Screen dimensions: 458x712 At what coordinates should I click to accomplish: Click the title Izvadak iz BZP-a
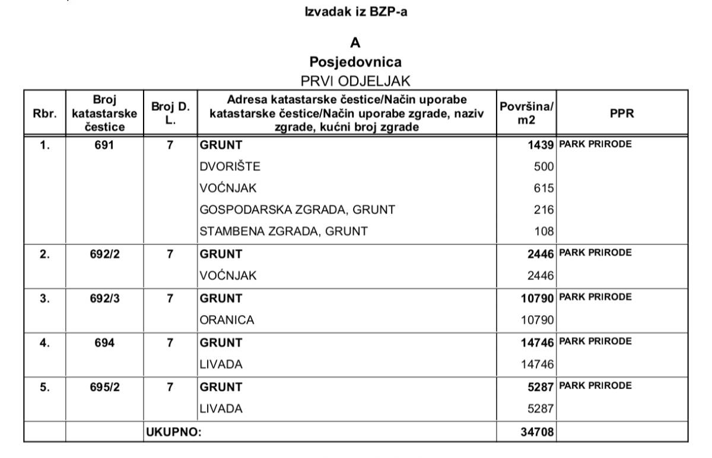tap(355, 12)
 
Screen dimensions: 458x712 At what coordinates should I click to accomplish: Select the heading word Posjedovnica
tap(355, 62)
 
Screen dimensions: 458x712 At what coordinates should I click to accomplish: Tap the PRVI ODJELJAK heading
tap(355, 81)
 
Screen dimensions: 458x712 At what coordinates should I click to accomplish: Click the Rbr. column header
tap(45, 113)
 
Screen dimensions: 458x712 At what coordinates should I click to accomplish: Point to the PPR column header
tap(622, 113)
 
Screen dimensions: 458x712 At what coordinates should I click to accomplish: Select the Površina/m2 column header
tap(526, 113)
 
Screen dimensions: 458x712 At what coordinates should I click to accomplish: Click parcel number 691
tap(104, 144)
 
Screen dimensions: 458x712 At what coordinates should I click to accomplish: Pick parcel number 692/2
tap(104, 254)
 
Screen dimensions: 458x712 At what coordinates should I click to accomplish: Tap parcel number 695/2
tap(104, 387)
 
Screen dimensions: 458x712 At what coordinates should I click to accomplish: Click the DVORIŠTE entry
tap(230, 167)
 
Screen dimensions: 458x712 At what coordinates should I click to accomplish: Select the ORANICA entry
tap(227, 320)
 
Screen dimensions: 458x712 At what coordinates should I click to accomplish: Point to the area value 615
tap(543, 189)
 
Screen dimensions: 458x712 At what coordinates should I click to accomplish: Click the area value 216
tap(543, 210)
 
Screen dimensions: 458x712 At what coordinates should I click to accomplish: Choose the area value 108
tap(543, 231)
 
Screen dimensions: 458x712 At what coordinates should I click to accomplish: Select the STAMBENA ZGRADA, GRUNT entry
tap(284, 231)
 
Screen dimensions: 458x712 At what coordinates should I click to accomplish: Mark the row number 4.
tap(45, 342)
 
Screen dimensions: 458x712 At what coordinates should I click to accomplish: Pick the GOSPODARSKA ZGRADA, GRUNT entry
tap(297, 210)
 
